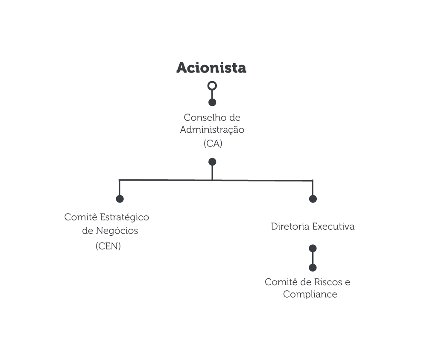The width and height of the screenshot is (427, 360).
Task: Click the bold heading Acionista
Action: click(211, 67)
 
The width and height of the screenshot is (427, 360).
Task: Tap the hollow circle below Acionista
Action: click(212, 86)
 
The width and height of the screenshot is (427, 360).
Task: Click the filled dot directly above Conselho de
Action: click(212, 102)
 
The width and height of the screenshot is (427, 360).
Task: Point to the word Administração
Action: click(212, 130)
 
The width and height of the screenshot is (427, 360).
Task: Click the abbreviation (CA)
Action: click(213, 143)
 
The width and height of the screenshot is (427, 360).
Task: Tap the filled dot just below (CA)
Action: click(212, 162)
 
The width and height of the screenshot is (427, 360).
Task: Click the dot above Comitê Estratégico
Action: click(120, 199)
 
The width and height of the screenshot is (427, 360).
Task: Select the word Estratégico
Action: click(124, 217)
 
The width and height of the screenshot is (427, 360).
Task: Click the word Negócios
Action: click(117, 231)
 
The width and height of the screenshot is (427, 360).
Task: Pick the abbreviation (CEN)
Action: click(108, 246)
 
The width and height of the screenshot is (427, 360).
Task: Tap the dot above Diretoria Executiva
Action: click(313, 199)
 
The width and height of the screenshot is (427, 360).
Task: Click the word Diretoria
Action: click(290, 226)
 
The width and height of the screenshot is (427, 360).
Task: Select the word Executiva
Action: click(333, 226)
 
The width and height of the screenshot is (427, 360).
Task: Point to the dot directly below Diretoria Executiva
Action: click(313, 249)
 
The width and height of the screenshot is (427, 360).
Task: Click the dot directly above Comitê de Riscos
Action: click(313, 268)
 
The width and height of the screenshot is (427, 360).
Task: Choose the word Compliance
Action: click(310, 294)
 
